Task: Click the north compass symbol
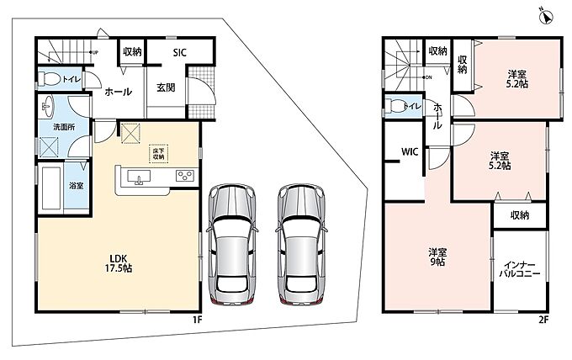pos(547,17)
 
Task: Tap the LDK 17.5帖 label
pos(119,263)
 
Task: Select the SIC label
pos(179,52)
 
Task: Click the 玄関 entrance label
pos(166,87)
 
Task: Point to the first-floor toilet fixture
pos(50,78)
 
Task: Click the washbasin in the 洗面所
pos(47,107)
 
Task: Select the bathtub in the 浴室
pos(51,188)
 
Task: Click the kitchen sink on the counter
pos(139,177)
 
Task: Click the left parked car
pos(232,244)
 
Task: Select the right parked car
pos(301,244)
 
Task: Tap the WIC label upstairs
pos(410,151)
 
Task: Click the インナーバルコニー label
pos(520,269)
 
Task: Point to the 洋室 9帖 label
pos(437,257)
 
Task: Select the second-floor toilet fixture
pos(395,106)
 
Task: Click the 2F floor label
pos(543,320)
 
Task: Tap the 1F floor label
pos(198,320)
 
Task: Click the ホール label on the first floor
pos(119,92)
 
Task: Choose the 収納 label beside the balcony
pos(520,215)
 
